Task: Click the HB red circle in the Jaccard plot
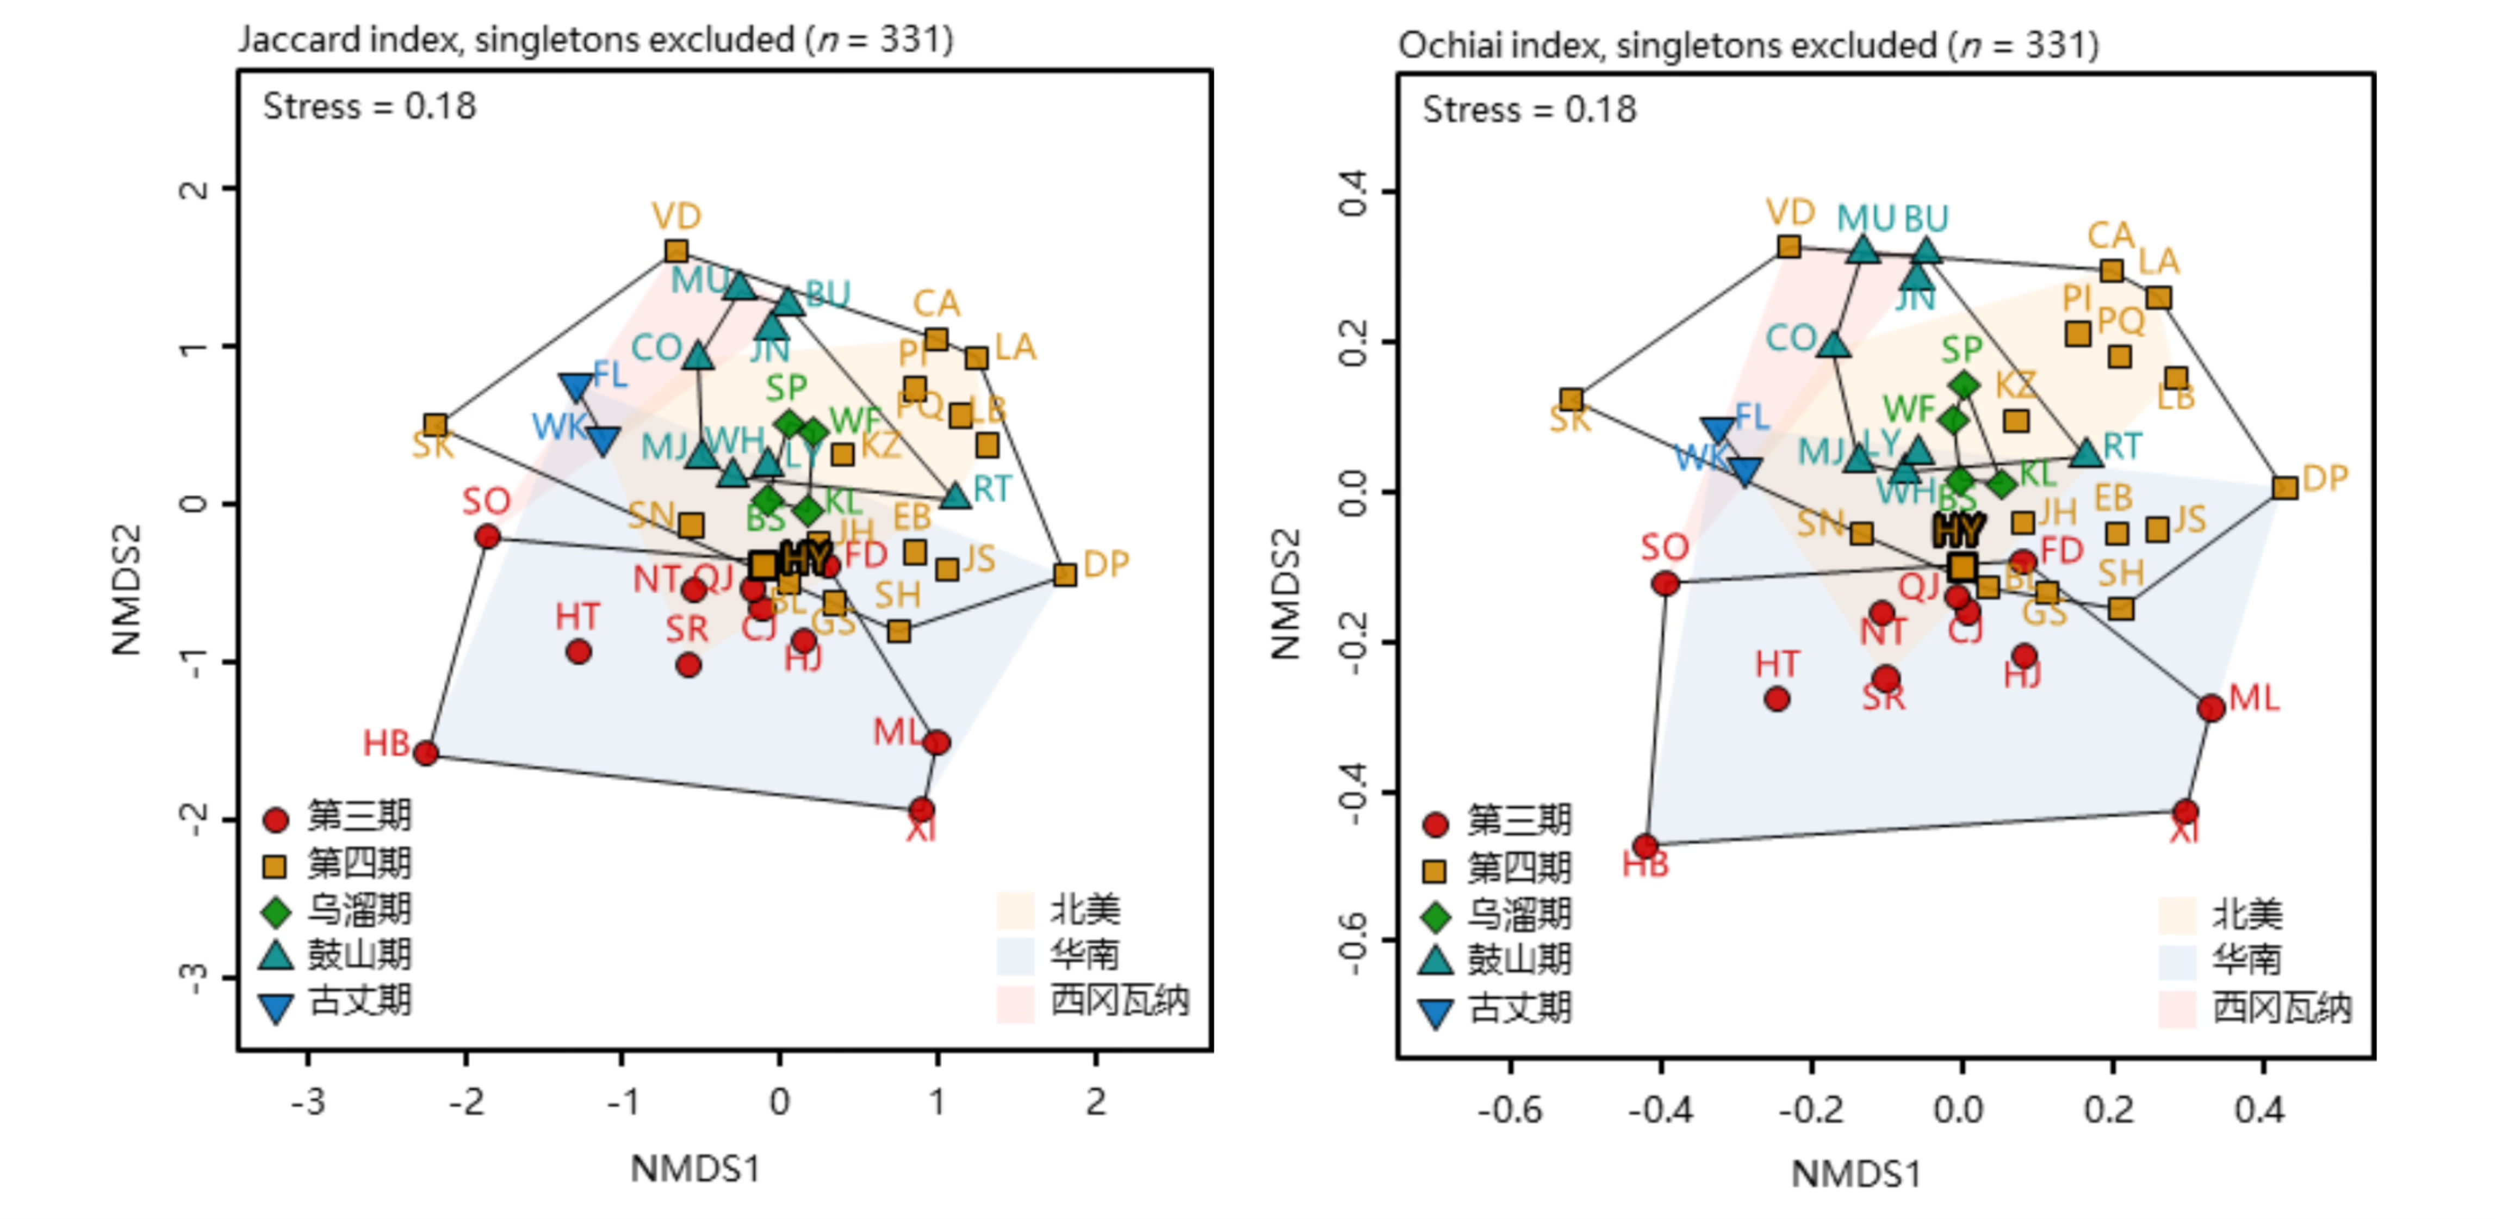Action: click(425, 753)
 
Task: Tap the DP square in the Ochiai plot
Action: click(2285, 487)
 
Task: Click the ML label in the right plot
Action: click(2254, 698)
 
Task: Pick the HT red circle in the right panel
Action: click(1776, 698)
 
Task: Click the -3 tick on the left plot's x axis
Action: click(308, 1102)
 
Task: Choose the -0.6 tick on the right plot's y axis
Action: click(1352, 942)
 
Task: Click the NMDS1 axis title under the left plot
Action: click(695, 1168)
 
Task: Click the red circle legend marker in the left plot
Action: click(276, 820)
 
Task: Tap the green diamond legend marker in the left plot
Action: click(276, 912)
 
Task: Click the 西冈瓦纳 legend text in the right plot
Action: click(2282, 1008)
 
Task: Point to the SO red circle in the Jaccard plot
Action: click(487, 536)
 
